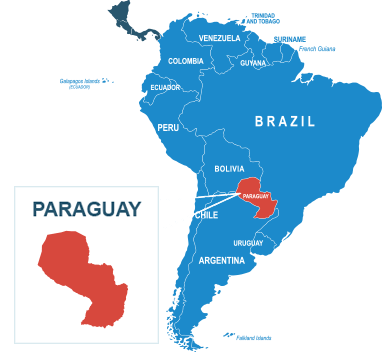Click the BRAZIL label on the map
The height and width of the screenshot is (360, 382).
[x=285, y=121]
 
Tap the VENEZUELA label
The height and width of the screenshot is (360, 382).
[x=220, y=38]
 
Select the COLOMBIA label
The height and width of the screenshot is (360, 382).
[x=186, y=61]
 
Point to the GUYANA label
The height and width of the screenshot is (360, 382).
[x=253, y=63]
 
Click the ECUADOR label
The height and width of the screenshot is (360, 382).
[x=165, y=87]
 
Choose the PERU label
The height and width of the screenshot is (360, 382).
[x=168, y=128]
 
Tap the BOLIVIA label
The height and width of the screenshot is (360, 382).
[x=229, y=169]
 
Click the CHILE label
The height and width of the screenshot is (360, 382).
[x=207, y=215]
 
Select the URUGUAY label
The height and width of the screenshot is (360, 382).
[x=248, y=243]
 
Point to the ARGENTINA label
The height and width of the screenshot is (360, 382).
[x=221, y=261]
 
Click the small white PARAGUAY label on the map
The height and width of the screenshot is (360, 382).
[x=256, y=196]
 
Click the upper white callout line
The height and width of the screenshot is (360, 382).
[x=198, y=196]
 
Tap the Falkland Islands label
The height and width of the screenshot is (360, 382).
[x=255, y=338]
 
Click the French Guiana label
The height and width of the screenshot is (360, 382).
[x=318, y=47]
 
